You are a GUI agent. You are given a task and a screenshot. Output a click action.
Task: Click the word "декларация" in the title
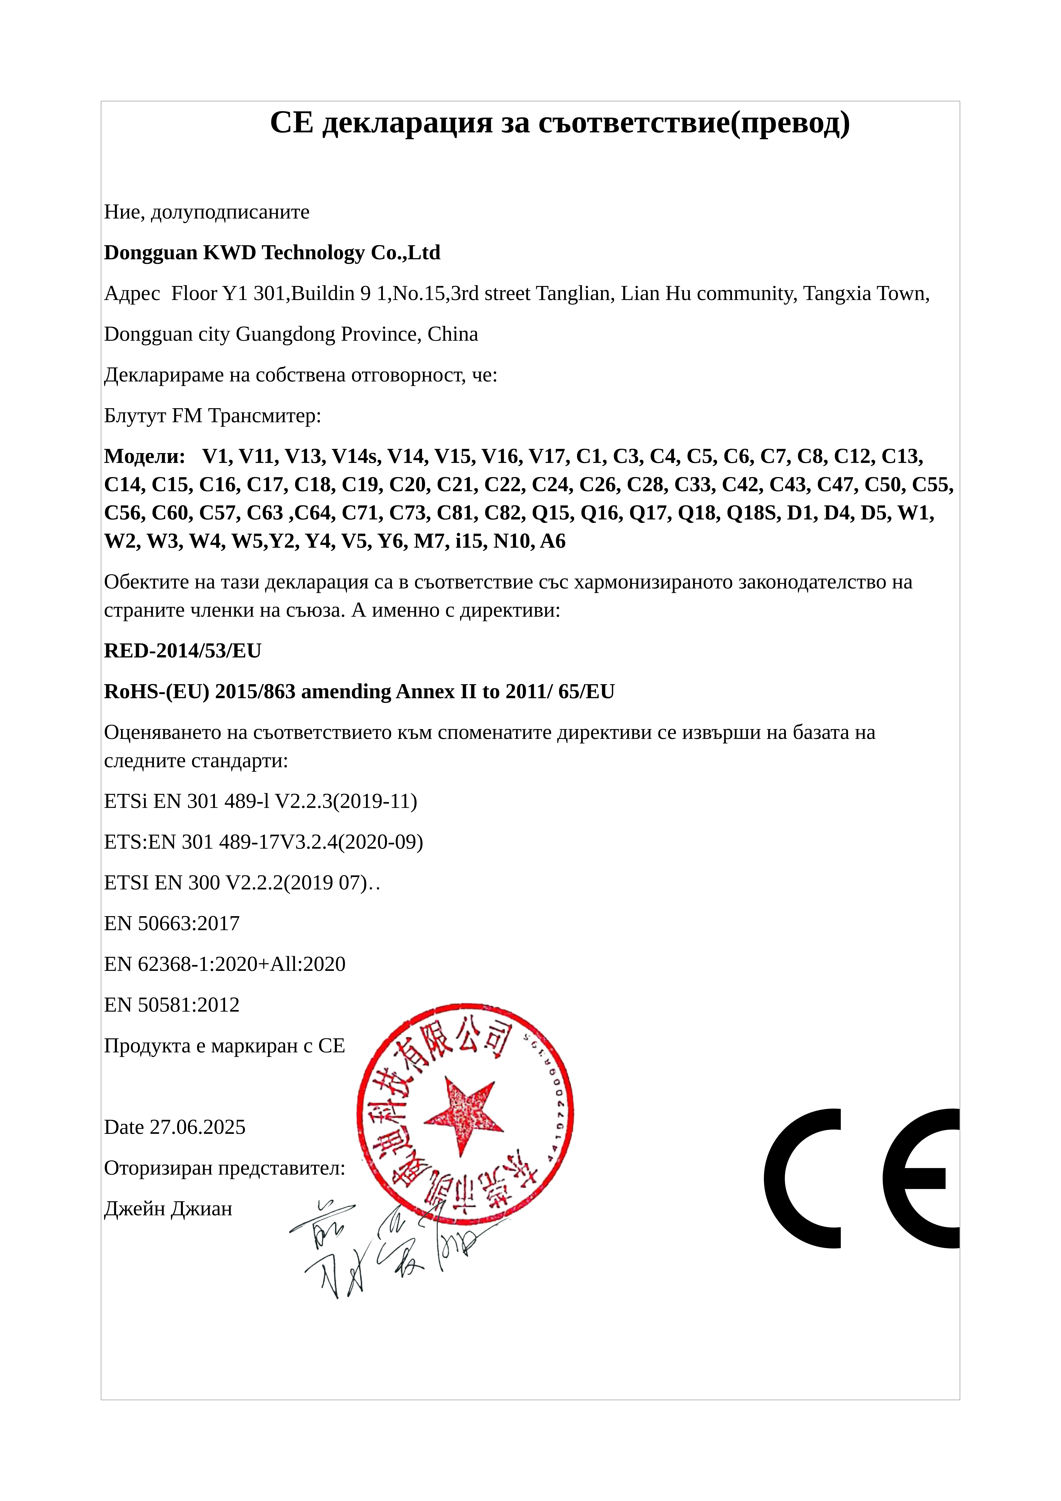coord(407,123)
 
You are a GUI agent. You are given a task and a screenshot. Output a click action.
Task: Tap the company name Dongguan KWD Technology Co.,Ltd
coord(272,252)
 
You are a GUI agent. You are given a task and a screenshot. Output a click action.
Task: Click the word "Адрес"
coord(132,294)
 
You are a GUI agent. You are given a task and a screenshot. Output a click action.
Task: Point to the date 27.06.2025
coord(197,1127)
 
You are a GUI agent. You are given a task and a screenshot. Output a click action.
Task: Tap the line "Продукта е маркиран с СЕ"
coord(224,1045)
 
